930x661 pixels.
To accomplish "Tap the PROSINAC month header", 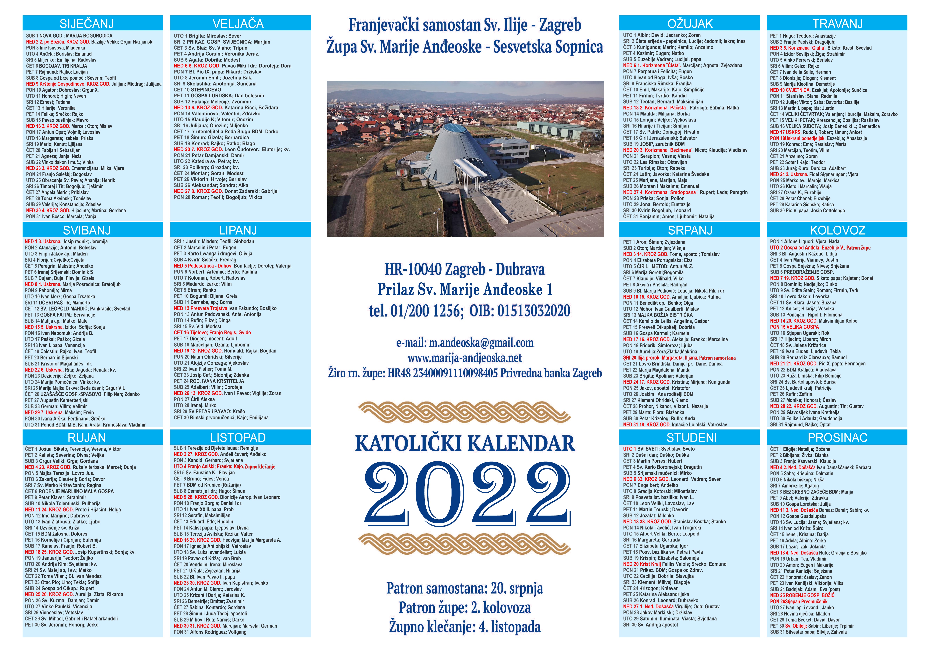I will (x=837, y=438).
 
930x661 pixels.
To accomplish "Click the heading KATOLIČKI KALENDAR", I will (x=465, y=443).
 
